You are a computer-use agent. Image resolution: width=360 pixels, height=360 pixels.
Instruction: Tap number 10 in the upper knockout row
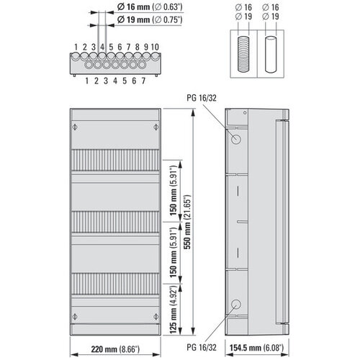click(x=156, y=47)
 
